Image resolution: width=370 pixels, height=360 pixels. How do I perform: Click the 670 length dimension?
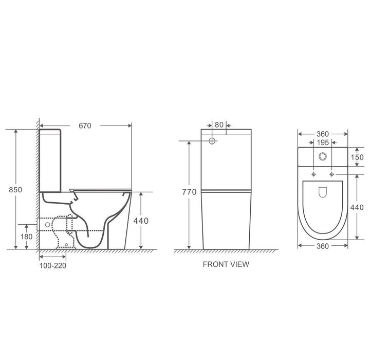tap(85, 125)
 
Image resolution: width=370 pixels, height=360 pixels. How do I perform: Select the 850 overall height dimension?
tap(15, 189)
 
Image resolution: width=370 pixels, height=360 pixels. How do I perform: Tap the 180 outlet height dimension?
tap(26, 237)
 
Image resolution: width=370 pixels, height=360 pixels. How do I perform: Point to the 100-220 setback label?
tap(53, 265)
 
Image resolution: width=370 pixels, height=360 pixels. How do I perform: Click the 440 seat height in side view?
tap(141, 221)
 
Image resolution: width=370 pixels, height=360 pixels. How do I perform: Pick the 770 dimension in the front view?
tap(189, 192)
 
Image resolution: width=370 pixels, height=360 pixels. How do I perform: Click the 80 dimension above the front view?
tap(219, 125)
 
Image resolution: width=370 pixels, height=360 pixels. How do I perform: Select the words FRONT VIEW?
tap(226, 264)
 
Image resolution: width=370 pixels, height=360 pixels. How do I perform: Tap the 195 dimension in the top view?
tap(323, 142)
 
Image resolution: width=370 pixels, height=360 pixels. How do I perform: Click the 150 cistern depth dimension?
tap(357, 157)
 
